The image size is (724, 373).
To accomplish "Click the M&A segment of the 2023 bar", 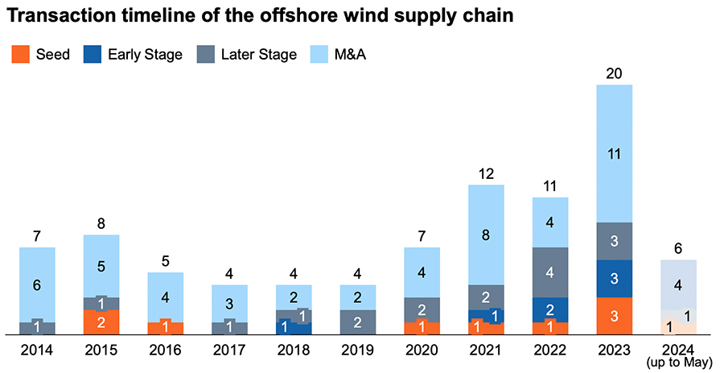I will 615,153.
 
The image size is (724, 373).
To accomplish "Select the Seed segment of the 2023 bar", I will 615,316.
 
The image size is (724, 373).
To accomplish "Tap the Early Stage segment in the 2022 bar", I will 550,309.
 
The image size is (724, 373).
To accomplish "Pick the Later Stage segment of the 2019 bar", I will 358,321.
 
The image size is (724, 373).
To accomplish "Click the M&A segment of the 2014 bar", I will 37,284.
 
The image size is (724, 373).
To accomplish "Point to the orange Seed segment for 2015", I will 101,322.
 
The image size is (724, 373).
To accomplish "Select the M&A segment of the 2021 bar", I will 486,235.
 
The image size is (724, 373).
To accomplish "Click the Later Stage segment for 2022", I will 550,272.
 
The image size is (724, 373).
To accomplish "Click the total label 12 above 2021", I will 486,173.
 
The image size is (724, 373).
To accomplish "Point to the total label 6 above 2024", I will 678,249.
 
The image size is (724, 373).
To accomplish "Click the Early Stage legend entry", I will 134,55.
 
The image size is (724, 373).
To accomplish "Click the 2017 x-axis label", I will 230,350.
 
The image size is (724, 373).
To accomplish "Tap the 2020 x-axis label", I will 422,350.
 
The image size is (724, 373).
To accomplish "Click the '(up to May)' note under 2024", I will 678,363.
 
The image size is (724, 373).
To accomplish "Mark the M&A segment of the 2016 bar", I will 166,297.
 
